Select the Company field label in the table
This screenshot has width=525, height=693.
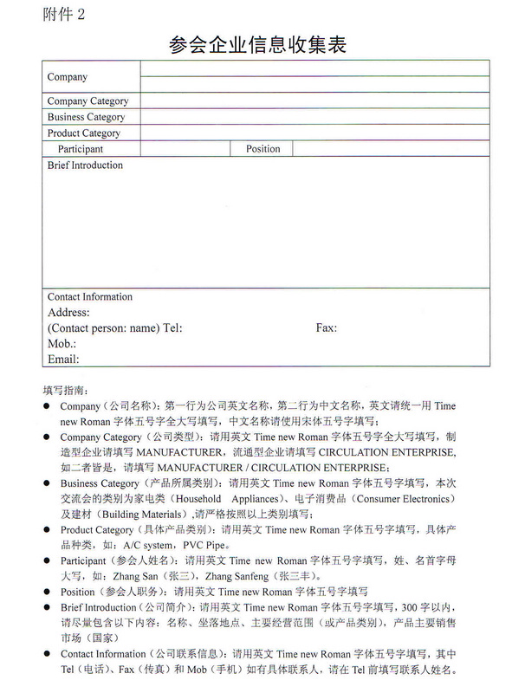[68, 77]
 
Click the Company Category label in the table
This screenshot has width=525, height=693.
[87, 101]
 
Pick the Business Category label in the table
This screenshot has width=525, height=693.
[86, 117]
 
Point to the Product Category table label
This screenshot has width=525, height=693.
[84, 133]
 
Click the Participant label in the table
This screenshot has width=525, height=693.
[81, 149]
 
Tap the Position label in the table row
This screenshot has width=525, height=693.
[263, 149]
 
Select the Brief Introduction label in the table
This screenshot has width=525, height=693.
[85, 165]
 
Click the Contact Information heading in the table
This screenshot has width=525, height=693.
[90, 297]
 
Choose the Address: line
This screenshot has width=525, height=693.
[68, 313]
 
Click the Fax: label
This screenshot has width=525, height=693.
[327, 328]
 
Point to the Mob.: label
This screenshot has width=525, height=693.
[62, 344]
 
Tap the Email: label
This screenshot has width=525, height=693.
[63, 359]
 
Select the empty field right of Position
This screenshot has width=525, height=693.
[390, 149]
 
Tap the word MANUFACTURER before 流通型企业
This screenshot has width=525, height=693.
[185, 452]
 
